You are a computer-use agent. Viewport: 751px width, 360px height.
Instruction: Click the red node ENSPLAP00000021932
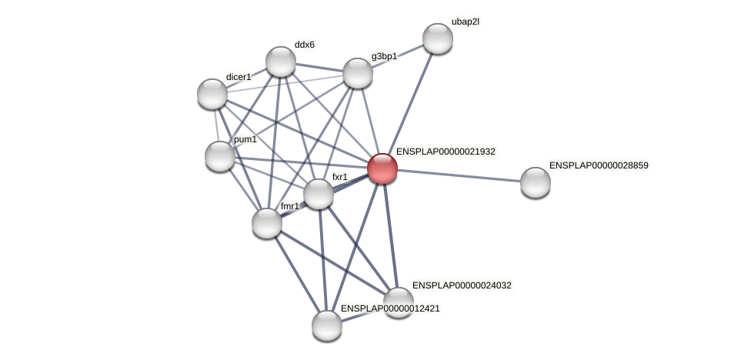[x=382, y=168]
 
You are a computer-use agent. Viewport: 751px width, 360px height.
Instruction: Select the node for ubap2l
[x=438, y=38]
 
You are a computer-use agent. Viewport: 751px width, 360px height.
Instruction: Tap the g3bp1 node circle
[x=358, y=73]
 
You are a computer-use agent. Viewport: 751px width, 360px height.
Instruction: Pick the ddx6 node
[x=281, y=62]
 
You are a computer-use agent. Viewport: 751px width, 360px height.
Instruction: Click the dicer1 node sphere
[x=212, y=94]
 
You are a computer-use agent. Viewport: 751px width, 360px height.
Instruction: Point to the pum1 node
[x=220, y=156]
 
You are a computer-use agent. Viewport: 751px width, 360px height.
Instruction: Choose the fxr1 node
[x=319, y=194]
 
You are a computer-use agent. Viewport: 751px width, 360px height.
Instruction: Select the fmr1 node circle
[x=267, y=223]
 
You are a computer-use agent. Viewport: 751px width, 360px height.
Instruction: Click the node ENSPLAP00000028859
[x=536, y=182]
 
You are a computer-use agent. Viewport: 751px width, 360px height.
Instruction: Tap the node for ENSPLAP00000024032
[x=399, y=302]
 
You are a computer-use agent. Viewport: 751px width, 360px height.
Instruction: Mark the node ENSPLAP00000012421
[x=327, y=325]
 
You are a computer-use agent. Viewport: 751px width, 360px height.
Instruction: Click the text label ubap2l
[x=465, y=22]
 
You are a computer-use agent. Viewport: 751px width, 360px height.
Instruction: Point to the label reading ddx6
[x=304, y=45]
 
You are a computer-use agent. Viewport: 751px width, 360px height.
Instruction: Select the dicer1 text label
[x=239, y=77]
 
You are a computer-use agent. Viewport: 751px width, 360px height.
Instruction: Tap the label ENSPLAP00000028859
[x=599, y=165]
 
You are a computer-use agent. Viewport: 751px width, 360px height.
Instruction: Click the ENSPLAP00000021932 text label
[x=446, y=152]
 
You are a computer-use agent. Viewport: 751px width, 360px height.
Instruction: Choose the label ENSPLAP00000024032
[x=462, y=285]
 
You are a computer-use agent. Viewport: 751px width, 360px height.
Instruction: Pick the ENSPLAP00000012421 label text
[x=390, y=308]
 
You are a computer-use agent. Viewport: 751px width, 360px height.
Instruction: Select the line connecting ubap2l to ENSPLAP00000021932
[x=411, y=102]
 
